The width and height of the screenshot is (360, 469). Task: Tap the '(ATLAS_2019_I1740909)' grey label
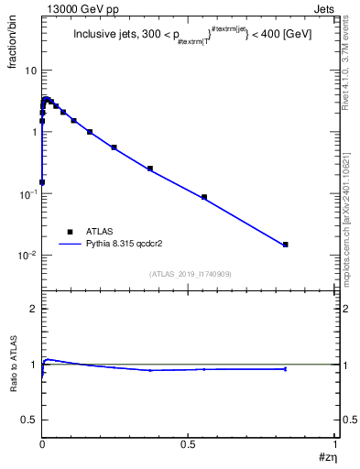click(x=190, y=274)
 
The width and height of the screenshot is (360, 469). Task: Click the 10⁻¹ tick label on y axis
click(x=28, y=194)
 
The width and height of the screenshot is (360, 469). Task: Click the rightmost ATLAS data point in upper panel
click(x=286, y=245)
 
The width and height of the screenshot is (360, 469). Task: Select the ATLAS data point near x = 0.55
click(x=204, y=197)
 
